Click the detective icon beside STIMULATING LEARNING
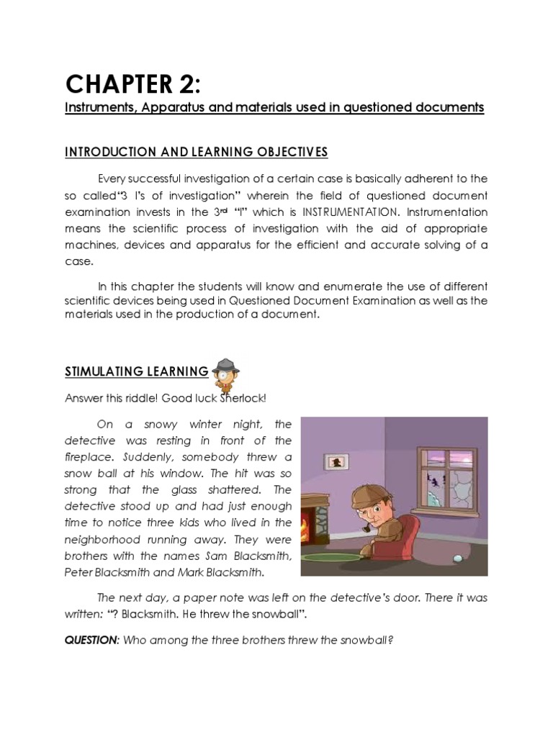(x=227, y=371)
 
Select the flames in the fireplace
(x=310, y=526)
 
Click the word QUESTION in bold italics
(x=90, y=640)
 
